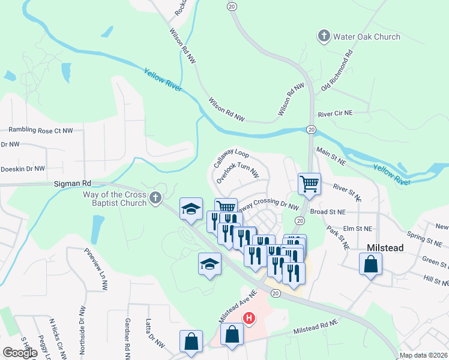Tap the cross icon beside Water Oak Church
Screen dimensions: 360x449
coord(324,37)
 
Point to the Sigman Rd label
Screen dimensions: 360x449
coord(71,183)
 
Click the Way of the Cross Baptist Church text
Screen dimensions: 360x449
coord(115,199)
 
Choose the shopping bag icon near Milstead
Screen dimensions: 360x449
coord(371,263)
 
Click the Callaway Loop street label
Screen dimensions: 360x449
coord(231,158)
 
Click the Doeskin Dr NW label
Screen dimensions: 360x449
coord(23,169)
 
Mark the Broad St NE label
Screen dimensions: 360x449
coord(328,212)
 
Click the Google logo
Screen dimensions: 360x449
coord(20,353)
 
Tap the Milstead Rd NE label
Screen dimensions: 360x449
coord(316,328)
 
